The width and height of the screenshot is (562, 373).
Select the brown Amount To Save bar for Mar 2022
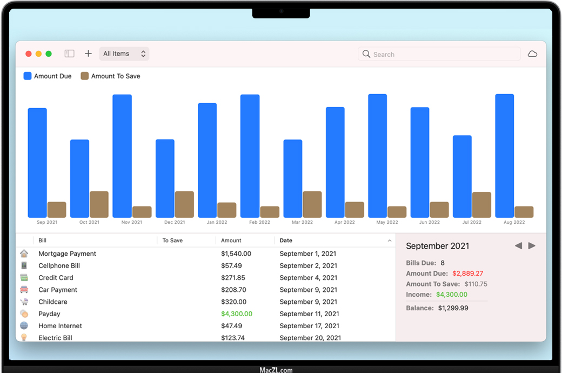(x=312, y=204)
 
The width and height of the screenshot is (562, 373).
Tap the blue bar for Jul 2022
(x=462, y=176)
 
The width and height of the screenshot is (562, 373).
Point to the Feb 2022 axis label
(x=260, y=222)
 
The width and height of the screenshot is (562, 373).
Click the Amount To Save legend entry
(x=110, y=76)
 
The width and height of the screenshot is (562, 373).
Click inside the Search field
(x=443, y=54)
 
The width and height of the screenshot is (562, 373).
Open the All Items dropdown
(x=124, y=54)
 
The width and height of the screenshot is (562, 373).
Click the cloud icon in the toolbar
(x=532, y=54)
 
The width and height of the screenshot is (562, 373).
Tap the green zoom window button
(x=49, y=54)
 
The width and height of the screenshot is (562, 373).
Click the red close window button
(x=29, y=54)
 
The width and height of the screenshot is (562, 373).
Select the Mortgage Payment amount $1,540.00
(x=236, y=254)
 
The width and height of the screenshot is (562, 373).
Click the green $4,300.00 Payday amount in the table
(x=237, y=314)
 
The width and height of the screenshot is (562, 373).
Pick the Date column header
(x=286, y=241)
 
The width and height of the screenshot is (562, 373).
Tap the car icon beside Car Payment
(x=24, y=290)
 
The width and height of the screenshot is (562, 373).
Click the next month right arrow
(x=532, y=246)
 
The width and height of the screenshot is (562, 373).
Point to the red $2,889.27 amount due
(x=467, y=274)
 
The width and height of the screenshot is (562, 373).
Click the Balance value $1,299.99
(x=453, y=308)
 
